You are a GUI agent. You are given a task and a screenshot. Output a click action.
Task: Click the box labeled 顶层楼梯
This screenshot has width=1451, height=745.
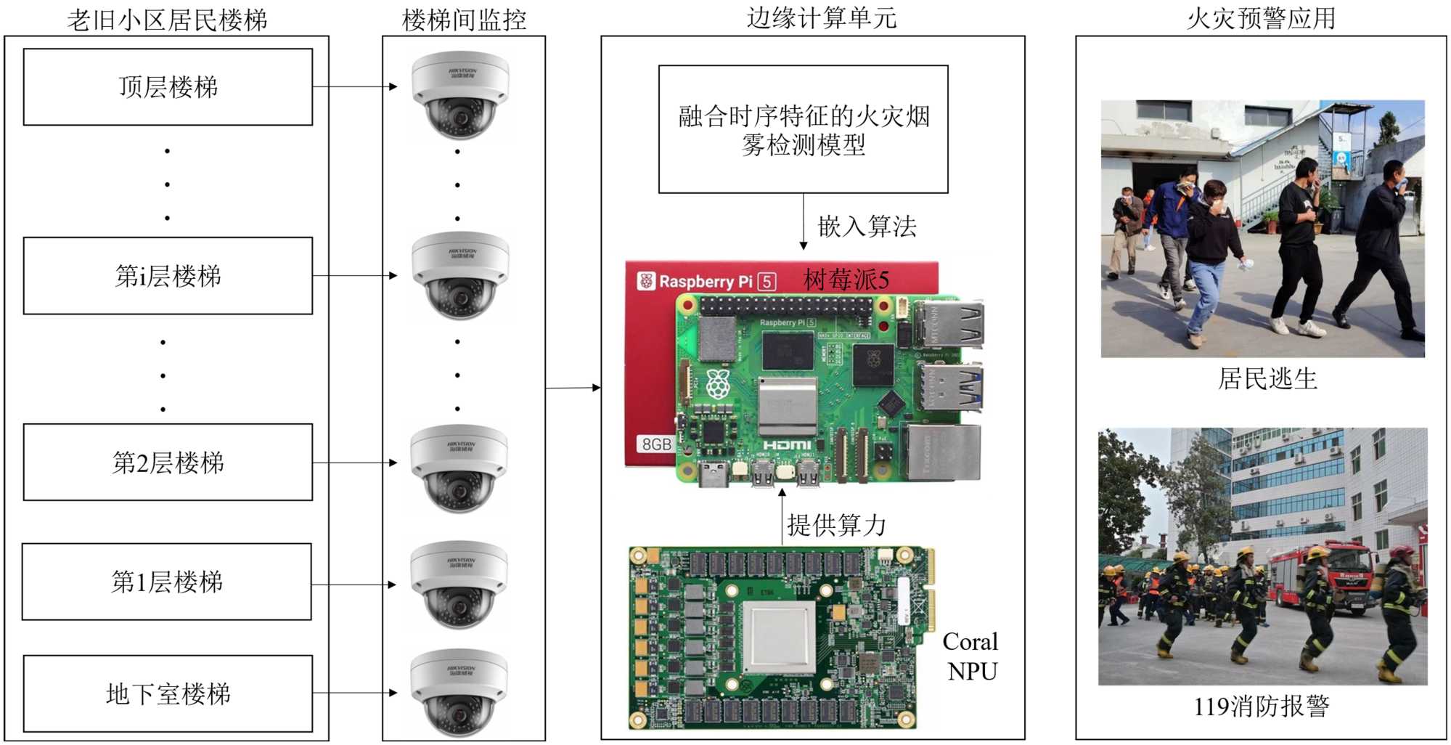coord(168,87)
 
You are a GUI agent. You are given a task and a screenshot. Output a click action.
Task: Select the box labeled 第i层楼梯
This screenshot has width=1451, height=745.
coord(168,276)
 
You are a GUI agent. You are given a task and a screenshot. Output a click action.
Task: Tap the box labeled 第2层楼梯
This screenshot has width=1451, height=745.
coord(168,463)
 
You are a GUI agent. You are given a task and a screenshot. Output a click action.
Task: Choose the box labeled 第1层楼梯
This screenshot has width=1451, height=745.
coord(167,582)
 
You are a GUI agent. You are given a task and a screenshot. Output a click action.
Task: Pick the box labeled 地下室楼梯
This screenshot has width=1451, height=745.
coord(168,694)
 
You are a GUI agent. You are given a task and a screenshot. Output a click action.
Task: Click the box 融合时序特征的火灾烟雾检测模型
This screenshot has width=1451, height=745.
coord(803,129)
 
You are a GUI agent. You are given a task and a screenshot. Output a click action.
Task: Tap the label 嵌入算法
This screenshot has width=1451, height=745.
coord(867,227)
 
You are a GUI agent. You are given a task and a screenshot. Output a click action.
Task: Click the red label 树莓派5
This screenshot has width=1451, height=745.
coord(846,280)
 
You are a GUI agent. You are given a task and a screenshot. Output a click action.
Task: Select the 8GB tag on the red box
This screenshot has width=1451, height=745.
coord(656,444)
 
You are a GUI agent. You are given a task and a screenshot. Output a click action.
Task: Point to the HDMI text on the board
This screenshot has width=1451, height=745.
coord(787,444)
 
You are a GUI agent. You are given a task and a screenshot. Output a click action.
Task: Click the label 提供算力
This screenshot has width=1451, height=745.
coord(836,524)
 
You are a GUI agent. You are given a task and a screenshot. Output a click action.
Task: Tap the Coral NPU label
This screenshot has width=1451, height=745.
coord(971,656)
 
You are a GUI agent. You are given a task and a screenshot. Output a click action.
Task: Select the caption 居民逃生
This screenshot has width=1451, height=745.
coord(1267,378)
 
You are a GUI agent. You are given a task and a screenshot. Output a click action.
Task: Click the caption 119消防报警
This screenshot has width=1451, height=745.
coord(1262,706)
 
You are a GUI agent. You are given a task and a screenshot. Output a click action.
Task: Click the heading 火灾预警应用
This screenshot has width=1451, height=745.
coord(1261,19)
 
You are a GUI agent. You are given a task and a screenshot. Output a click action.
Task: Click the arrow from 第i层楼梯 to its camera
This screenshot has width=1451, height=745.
coord(354,276)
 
